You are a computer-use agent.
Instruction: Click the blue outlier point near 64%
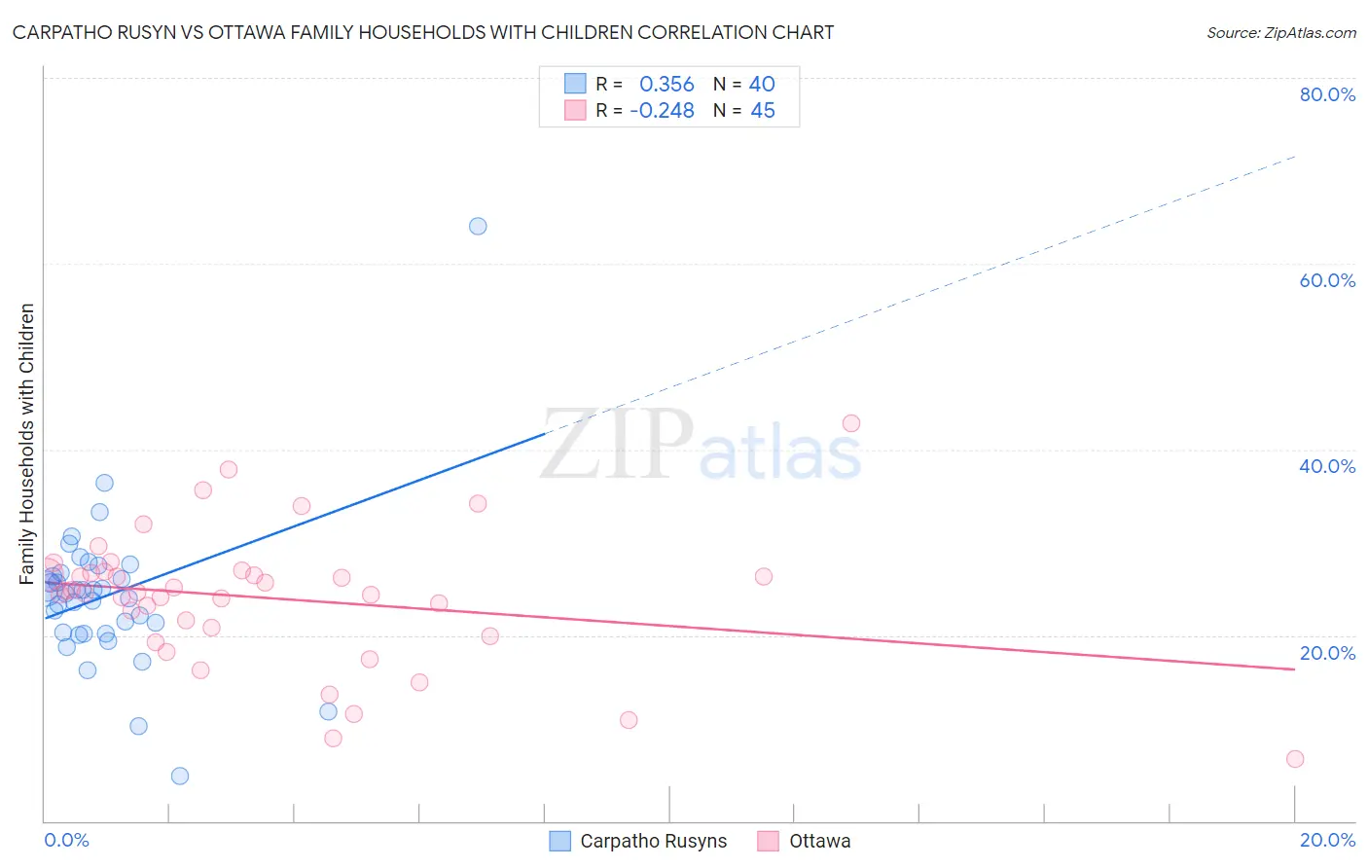(478, 227)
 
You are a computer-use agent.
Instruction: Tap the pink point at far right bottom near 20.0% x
(1295, 759)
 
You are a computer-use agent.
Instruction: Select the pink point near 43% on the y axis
(851, 423)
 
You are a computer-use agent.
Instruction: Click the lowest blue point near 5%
(180, 777)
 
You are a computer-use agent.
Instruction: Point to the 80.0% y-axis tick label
(1327, 94)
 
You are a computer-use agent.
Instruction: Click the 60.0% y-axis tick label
(1327, 280)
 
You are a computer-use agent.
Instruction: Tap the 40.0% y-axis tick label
(1327, 466)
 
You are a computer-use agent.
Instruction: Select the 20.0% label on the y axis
(1327, 653)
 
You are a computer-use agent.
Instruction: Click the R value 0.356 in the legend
(666, 85)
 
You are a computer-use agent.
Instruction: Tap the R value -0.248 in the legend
(663, 111)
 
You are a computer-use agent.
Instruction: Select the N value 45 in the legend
(763, 111)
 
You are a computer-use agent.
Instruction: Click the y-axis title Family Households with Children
(27, 444)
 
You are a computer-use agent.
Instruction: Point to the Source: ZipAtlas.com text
(1281, 33)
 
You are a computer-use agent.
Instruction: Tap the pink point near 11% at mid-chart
(629, 720)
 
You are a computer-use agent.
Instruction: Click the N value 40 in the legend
(762, 85)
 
